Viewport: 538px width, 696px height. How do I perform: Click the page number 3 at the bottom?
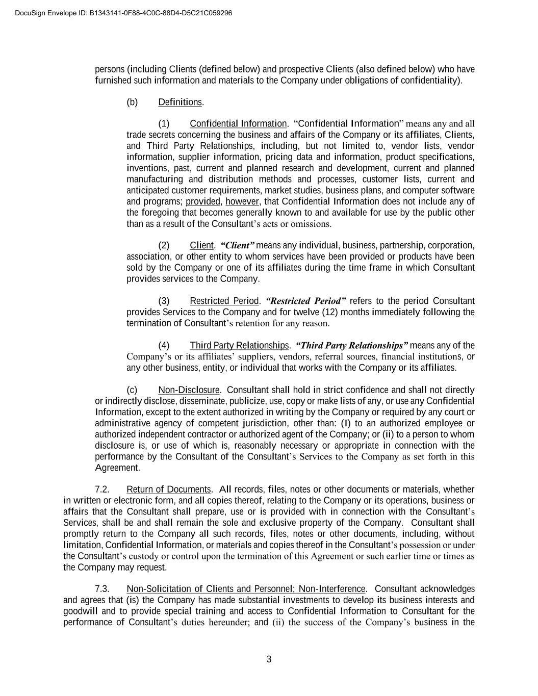(x=269, y=659)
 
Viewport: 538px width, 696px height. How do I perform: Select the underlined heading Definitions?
(x=180, y=102)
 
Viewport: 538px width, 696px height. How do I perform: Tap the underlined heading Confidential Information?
(x=238, y=123)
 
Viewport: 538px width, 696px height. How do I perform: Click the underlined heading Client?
(x=201, y=245)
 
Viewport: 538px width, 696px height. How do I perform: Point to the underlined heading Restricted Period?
(x=224, y=301)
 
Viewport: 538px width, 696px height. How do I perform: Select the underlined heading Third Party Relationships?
(x=239, y=346)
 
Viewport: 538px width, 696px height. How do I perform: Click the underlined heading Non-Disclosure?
(x=189, y=390)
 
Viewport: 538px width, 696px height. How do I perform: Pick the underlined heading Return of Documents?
(x=169, y=489)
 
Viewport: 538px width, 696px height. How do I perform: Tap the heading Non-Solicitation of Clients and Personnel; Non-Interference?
(x=246, y=589)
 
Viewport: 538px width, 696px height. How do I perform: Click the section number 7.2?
(x=102, y=489)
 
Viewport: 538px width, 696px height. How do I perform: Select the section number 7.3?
(x=102, y=589)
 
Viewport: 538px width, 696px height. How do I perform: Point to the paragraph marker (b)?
(x=132, y=102)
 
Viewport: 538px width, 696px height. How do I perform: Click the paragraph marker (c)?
(x=132, y=390)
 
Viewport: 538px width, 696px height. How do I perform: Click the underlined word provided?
(x=203, y=201)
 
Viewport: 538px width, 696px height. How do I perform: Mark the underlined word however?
(x=242, y=201)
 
